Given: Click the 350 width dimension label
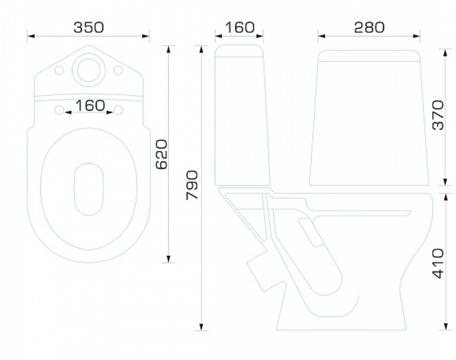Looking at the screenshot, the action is click(x=89, y=28).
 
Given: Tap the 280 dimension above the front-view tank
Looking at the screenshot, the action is click(x=369, y=28).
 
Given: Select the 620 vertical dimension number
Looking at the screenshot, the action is click(x=162, y=154).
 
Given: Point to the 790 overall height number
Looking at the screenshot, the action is click(x=192, y=185).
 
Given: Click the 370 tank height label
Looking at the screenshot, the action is click(x=439, y=115).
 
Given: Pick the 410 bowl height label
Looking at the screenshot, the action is click(x=439, y=263).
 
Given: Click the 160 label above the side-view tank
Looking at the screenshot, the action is click(x=240, y=28).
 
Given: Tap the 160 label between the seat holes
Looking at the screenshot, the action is click(x=90, y=105).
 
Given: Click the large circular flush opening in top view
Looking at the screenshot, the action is click(x=89, y=70).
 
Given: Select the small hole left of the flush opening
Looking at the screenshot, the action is click(x=59, y=70).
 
